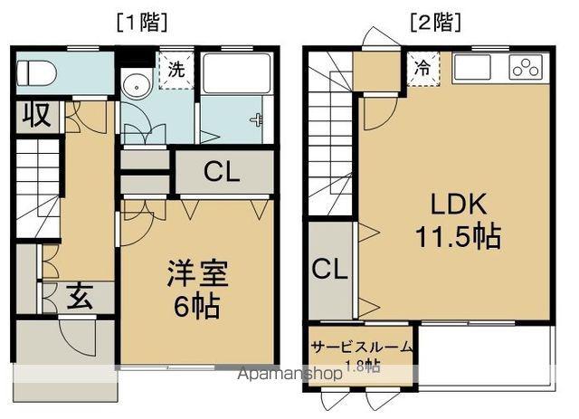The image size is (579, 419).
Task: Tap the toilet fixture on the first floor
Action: [x=35, y=71]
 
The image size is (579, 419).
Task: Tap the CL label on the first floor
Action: [x=222, y=172]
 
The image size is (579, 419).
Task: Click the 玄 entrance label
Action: [x=77, y=296]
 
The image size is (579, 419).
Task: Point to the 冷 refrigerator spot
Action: [x=422, y=66]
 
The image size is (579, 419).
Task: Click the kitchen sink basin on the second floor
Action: [x=476, y=67]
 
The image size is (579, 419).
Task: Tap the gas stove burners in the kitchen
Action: [x=525, y=67]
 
